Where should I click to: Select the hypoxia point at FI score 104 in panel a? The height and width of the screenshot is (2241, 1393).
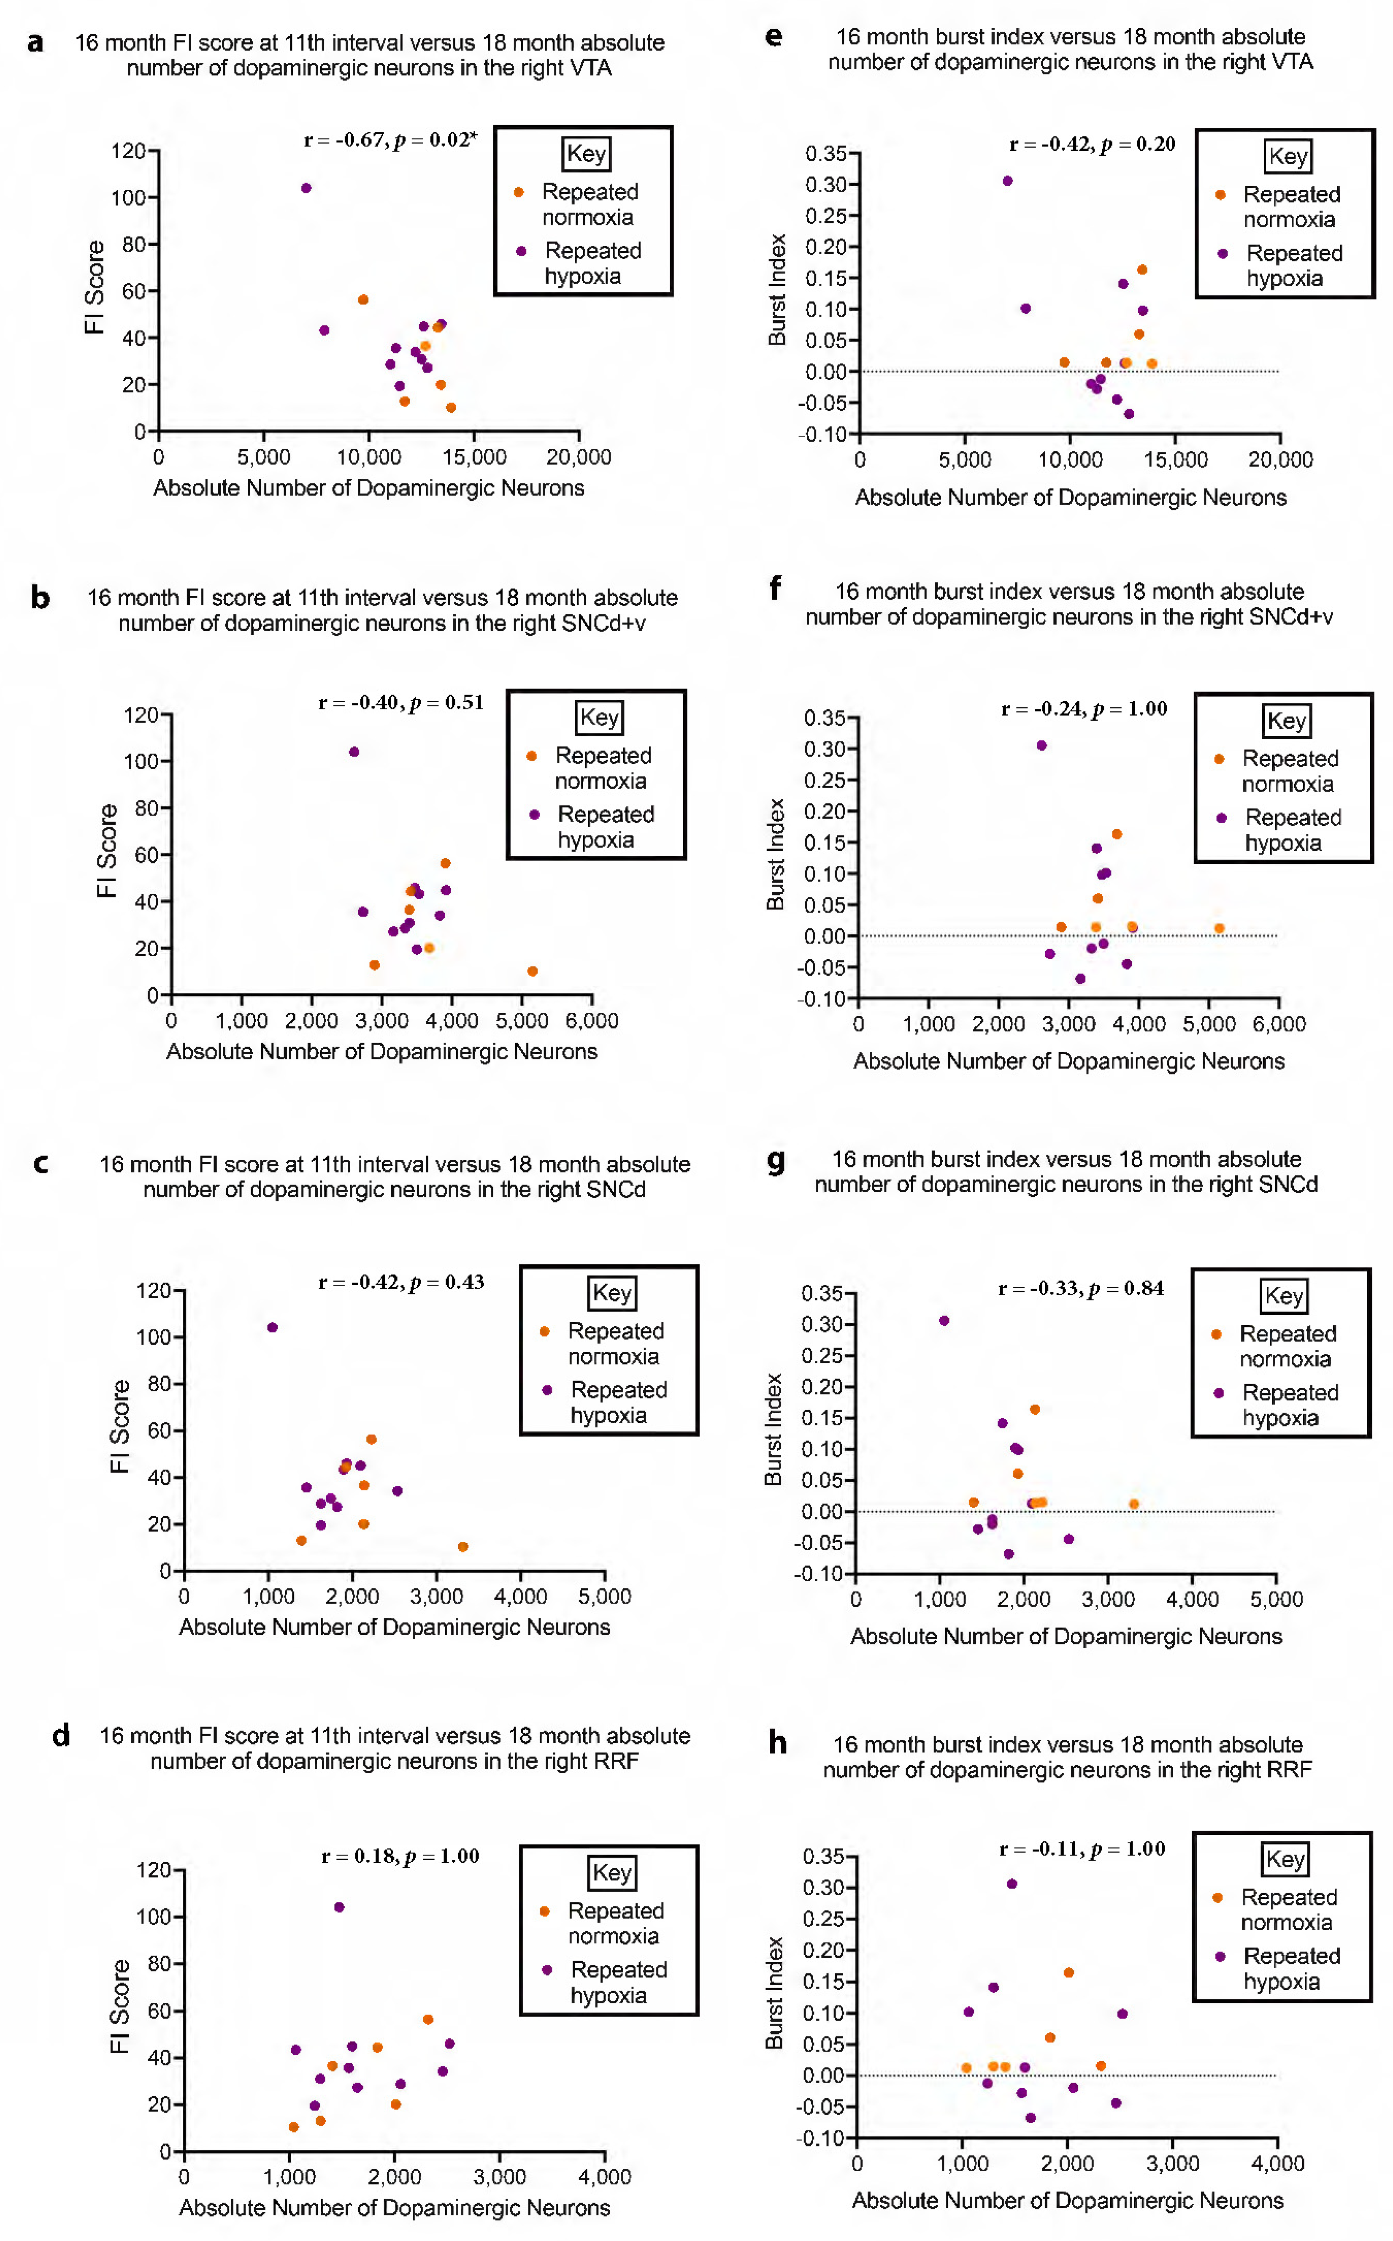pos(306,188)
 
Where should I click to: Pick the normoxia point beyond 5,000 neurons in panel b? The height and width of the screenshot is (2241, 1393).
pos(533,971)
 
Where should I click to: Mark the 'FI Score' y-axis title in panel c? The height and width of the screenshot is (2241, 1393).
pos(120,1427)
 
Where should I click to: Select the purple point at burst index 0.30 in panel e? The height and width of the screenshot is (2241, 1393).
pos(1008,181)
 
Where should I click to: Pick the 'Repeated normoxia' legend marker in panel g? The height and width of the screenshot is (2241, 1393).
pos(1216,1334)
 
